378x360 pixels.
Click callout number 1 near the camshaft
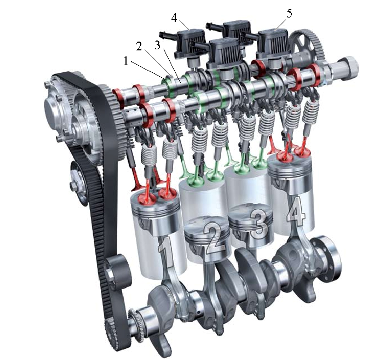pyautogui.click(x=126, y=61)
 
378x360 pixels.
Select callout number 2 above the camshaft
pyautogui.click(x=139, y=46)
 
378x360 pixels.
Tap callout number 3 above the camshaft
pyautogui.click(x=157, y=44)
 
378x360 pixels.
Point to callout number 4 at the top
pyautogui.click(x=174, y=18)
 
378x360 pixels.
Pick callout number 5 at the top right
pyautogui.click(x=289, y=13)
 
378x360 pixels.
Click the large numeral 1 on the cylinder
pyautogui.click(x=166, y=251)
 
